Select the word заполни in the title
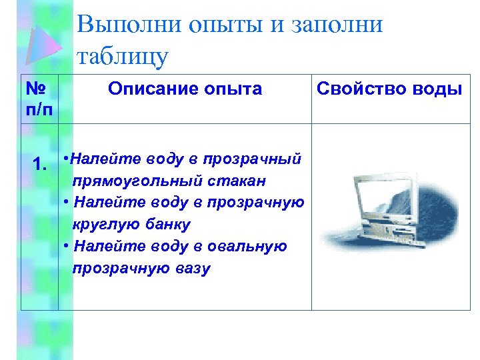338,25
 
